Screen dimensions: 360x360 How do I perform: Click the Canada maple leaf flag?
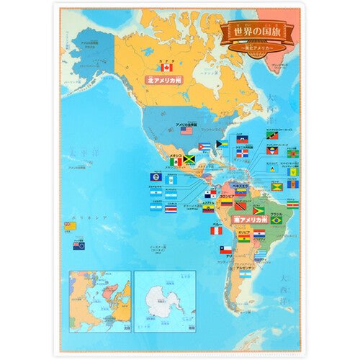coord(168,68)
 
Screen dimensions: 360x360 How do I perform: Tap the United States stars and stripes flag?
coord(186,131)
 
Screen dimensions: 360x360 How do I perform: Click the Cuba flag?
coord(204,146)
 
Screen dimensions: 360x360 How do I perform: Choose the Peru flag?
coord(215,232)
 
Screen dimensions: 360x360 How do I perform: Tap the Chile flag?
coord(225,250)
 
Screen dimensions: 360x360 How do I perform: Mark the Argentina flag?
coord(246,274)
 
